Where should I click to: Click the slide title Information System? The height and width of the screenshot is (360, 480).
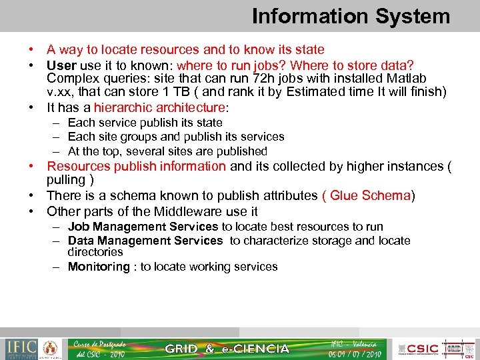[x=351, y=16]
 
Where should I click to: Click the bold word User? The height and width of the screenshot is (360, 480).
[x=61, y=65]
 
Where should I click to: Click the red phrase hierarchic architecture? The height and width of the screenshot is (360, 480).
[x=159, y=107]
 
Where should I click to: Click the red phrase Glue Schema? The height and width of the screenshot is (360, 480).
[x=370, y=195]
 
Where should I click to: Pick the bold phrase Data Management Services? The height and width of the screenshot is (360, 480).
[x=145, y=241]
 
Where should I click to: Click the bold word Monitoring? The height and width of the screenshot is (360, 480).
[x=99, y=267]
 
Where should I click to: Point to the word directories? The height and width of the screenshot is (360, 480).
[x=95, y=252]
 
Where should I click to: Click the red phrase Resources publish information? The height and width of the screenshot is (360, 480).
[x=137, y=166]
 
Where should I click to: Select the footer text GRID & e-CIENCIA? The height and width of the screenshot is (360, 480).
[x=227, y=349]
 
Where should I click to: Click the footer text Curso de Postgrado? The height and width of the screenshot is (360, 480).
[x=100, y=343]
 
